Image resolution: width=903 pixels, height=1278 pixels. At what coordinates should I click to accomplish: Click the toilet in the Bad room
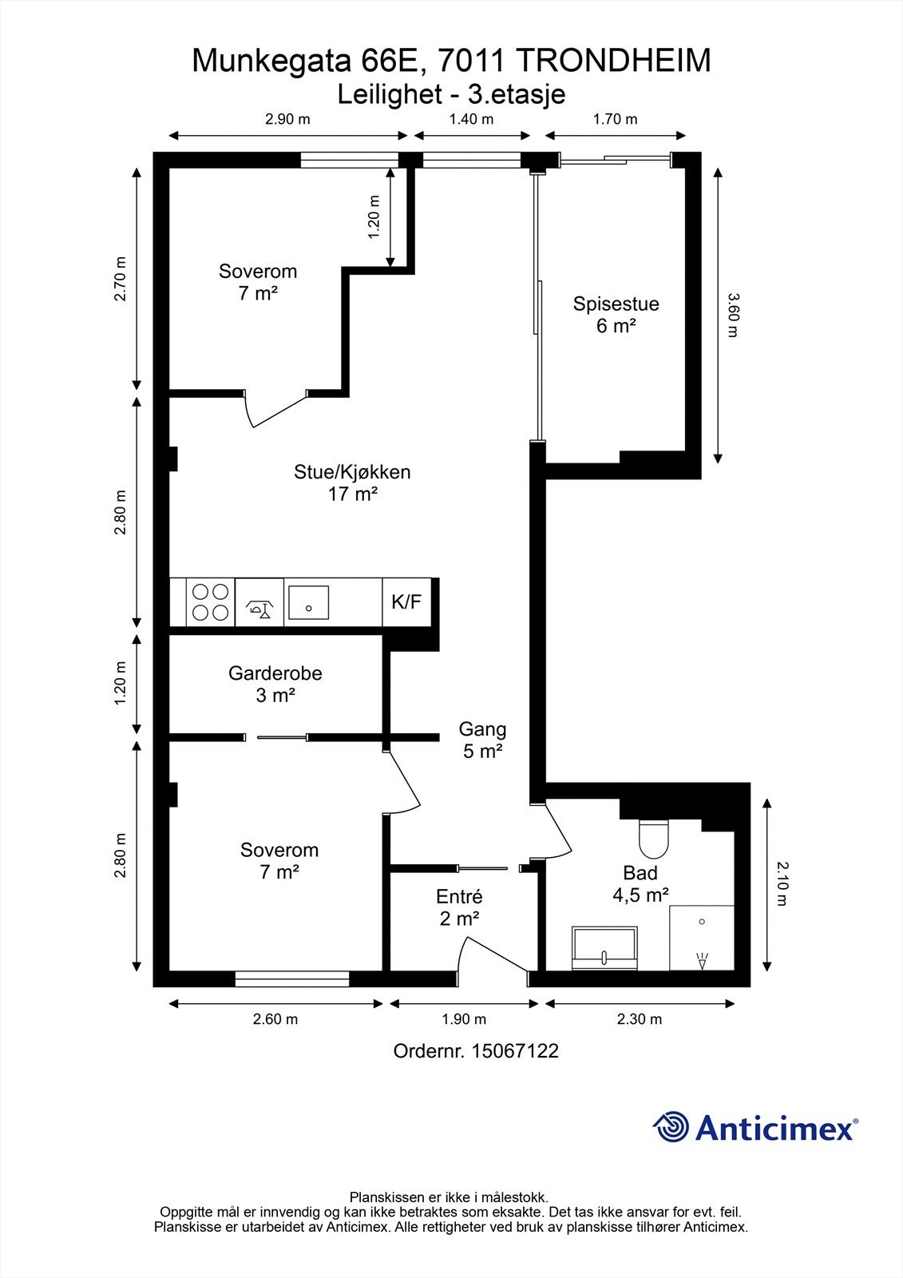(x=654, y=839)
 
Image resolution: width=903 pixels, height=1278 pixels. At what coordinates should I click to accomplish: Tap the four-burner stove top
(x=211, y=602)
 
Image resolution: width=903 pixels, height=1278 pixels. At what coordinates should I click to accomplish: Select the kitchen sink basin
(x=309, y=602)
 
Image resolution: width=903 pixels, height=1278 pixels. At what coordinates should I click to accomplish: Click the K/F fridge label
(x=406, y=601)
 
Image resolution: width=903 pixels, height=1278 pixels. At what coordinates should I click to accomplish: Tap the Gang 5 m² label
(x=482, y=740)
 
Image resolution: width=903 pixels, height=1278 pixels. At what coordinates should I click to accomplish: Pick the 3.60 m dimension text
(x=733, y=315)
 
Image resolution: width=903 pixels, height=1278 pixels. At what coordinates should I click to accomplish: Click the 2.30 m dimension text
(x=640, y=1019)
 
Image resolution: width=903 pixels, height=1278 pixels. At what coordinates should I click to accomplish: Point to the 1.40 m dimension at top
(x=471, y=119)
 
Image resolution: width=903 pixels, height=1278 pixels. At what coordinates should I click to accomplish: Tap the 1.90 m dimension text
(x=464, y=1019)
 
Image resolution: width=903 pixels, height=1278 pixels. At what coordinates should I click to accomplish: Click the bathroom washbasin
(x=604, y=947)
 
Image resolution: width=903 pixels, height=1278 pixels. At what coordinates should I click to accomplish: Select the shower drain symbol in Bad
(x=702, y=922)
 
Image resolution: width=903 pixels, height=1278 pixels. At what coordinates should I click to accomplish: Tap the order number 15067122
(x=514, y=1051)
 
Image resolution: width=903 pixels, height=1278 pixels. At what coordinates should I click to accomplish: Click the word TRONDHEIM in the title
(x=616, y=61)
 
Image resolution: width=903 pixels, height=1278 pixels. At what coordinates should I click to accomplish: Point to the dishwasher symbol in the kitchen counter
(x=259, y=609)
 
